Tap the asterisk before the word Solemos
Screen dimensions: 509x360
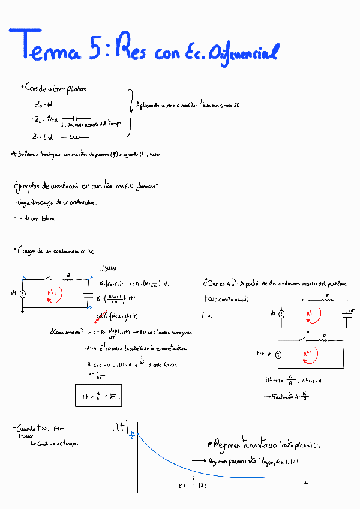coord(14,154)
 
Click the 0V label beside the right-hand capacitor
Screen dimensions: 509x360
coord(352,311)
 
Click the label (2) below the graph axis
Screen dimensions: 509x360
coord(203,485)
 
